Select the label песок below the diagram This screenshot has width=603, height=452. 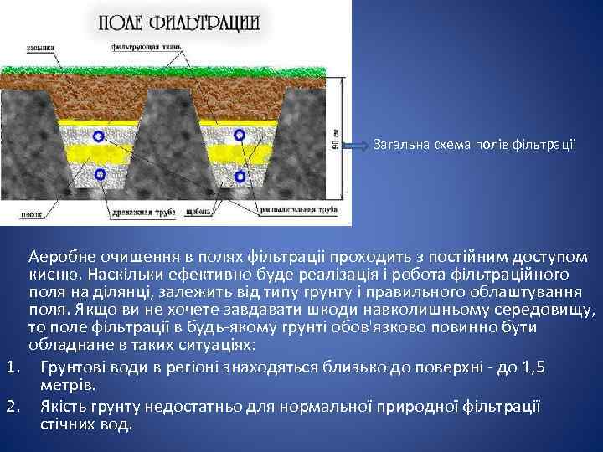click(x=31, y=213)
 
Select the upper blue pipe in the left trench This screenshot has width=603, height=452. click(x=100, y=136)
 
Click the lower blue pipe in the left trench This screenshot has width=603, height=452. click(x=100, y=174)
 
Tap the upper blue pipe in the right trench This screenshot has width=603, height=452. click(x=240, y=135)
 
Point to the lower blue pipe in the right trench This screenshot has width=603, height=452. click(x=241, y=175)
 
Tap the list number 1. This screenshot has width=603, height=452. click(x=12, y=365)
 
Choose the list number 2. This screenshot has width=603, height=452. click(x=12, y=407)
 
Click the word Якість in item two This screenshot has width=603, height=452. click(x=64, y=407)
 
